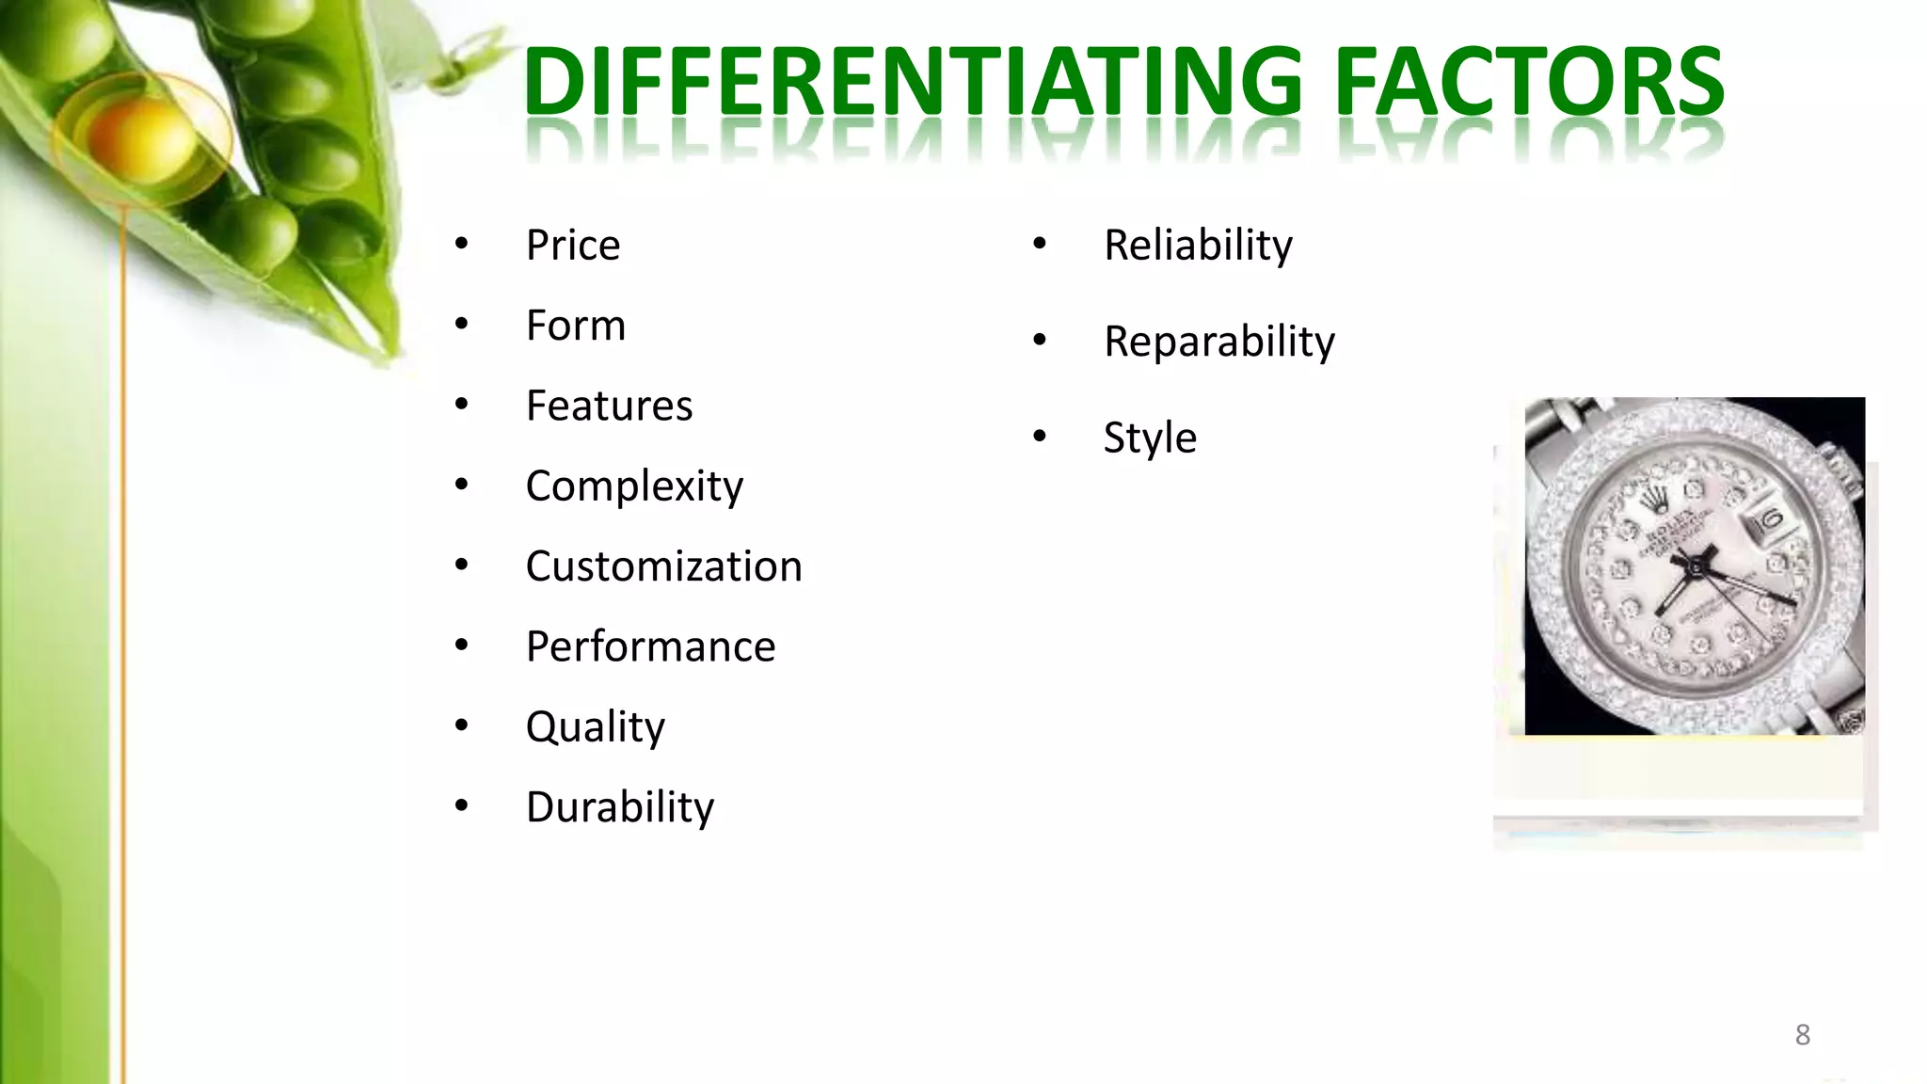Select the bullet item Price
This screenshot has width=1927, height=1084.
coord(572,246)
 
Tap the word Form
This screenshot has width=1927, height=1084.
coord(575,326)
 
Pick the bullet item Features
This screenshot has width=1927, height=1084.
coord(609,406)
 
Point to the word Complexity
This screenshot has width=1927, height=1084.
coord(634,486)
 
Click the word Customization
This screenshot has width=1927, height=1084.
coord(663,566)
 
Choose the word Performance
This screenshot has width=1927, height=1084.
coord(650,646)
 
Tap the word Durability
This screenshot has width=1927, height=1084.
coord(619,807)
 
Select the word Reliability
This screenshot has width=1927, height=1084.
coord(1197,246)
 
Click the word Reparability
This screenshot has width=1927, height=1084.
coord(1218,342)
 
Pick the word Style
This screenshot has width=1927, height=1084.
coord(1150,438)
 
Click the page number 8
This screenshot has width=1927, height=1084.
coord(1802,1035)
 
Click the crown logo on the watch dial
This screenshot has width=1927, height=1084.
coord(1652,503)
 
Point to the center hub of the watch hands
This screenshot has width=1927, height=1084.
coord(1693,567)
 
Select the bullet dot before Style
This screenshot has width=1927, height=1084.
coord(1039,437)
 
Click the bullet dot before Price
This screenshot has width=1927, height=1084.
coord(461,245)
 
